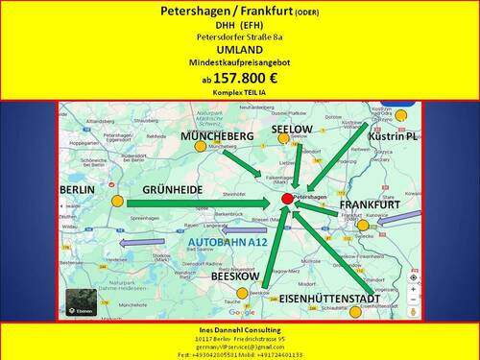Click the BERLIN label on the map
pyautogui.click(x=77, y=190)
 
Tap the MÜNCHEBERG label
pyautogui.click(x=216, y=137)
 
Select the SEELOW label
pyautogui.click(x=291, y=129)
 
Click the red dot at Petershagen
pyautogui.click(x=287, y=199)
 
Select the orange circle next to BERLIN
pyautogui.click(x=116, y=202)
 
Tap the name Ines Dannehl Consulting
pyautogui.click(x=239, y=329)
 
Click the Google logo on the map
pyautogui.click(x=242, y=312)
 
